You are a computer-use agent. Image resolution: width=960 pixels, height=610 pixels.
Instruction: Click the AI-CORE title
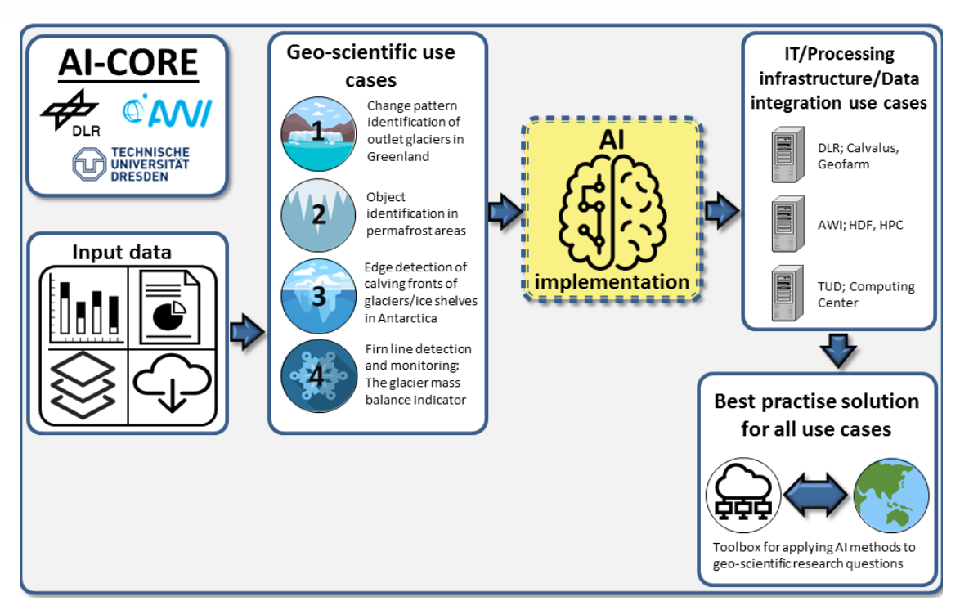point(128,64)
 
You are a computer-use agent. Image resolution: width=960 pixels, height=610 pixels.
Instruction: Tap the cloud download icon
point(172,383)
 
